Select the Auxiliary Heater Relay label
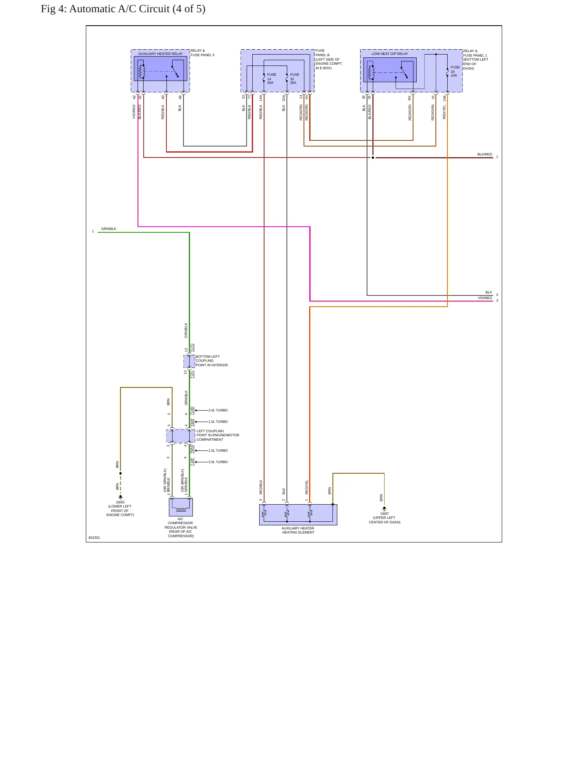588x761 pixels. click(160, 54)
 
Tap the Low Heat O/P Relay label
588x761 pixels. click(390, 54)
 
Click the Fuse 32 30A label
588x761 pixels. click(295, 79)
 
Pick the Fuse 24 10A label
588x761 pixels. click(455, 71)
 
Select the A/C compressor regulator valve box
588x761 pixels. click(181, 507)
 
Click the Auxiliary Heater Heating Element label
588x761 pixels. click(298, 530)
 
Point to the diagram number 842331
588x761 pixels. click(94, 538)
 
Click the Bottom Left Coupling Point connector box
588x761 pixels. click(189, 361)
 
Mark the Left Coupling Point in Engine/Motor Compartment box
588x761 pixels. click(181, 436)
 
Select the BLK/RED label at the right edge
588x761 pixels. click(485, 154)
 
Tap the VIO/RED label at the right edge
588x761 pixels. click(485, 298)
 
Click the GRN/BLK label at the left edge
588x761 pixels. click(109, 229)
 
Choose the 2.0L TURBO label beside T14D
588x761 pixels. click(218, 410)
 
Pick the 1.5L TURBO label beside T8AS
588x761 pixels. click(218, 450)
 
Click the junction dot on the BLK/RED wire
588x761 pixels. click(373, 157)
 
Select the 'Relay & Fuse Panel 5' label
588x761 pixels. click(202, 53)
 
